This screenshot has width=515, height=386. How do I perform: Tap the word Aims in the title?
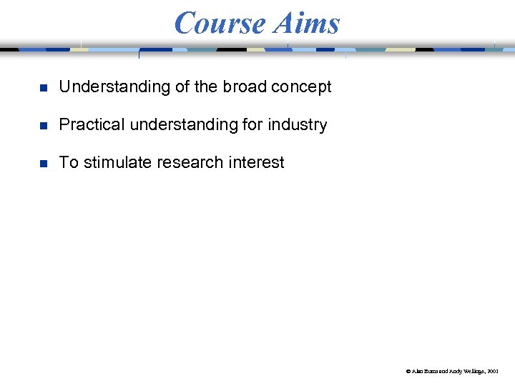click(307, 23)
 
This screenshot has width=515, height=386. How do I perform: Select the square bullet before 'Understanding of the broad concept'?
click(43, 88)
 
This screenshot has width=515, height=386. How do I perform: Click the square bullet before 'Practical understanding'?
click(43, 126)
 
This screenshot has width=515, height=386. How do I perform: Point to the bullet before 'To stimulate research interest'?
click(43, 164)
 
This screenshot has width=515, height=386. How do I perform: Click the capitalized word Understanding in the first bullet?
click(114, 87)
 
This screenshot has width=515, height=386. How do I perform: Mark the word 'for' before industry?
click(252, 124)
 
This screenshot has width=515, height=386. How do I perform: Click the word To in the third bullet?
click(69, 162)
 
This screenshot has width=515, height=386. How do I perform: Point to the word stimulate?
click(118, 162)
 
